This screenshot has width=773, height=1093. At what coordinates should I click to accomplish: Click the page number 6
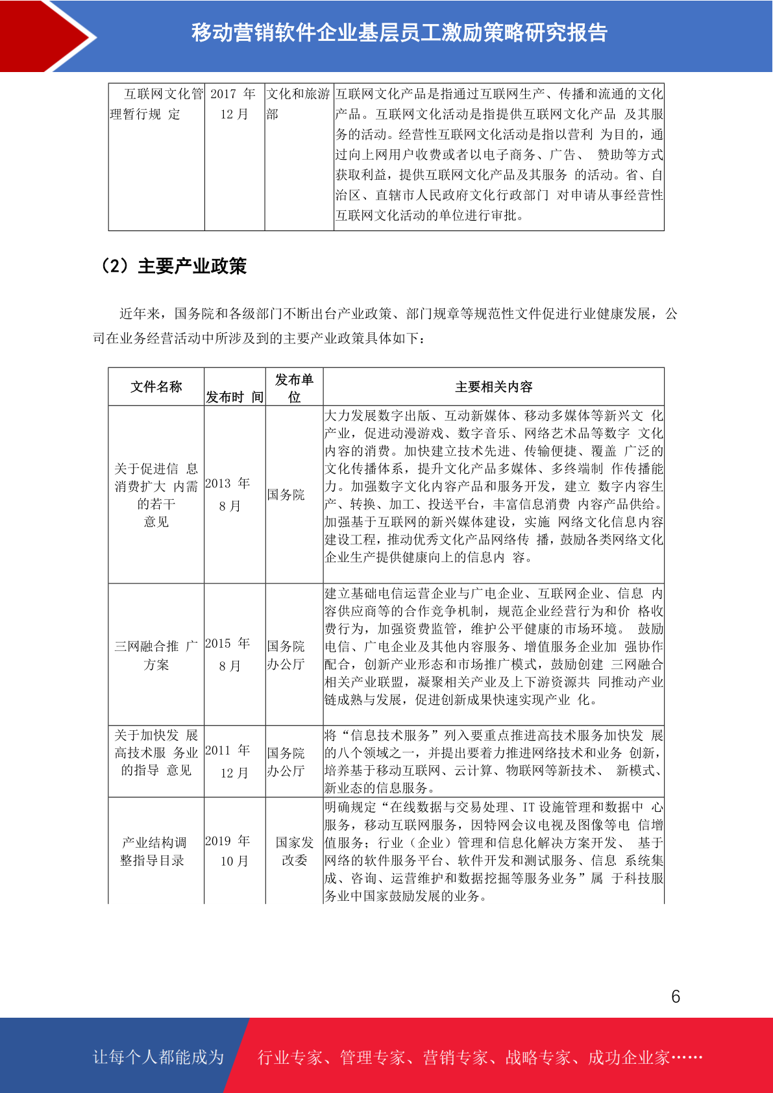(x=676, y=996)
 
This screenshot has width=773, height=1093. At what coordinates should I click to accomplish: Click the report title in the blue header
(x=399, y=32)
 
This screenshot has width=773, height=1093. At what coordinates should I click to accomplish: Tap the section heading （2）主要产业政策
(x=173, y=266)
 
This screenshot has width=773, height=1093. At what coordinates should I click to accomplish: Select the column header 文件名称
(x=156, y=387)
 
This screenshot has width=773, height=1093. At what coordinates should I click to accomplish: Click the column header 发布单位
(x=294, y=387)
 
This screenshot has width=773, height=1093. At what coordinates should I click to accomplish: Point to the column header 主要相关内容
(x=493, y=387)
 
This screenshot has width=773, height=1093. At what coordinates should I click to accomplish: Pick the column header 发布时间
(x=234, y=397)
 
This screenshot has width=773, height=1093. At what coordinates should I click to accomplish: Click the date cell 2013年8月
(x=228, y=495)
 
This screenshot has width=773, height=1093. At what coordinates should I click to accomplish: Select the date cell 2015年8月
(x=228, y=654)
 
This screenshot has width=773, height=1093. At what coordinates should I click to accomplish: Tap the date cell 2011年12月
(x=228, y=761)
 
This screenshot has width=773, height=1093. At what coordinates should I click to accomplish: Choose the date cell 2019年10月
(x=228, y=850)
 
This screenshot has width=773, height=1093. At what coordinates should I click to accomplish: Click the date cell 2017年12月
(x=234, y=104)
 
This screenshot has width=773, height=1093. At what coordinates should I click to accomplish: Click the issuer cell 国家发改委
(x=294, y=851)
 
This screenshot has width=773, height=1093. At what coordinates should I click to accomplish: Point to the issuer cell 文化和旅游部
(x=298, y=104)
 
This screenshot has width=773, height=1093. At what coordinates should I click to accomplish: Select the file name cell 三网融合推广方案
(x=156, y=655)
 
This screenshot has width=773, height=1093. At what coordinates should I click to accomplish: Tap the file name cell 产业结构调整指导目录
(x=154, y=851)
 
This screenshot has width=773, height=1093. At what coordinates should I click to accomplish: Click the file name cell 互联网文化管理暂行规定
(x=156, y=104)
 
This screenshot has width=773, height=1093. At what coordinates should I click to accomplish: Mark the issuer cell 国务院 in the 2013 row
(x=286, y=495)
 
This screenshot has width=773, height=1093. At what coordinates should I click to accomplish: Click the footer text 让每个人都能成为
(x=158, y=1057)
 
